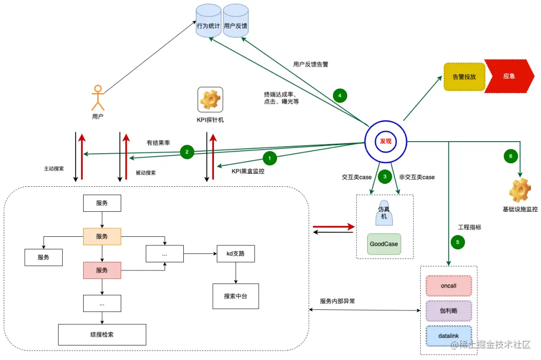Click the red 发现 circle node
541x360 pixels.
[x=385, y=142]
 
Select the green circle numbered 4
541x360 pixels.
[x=340, y=95]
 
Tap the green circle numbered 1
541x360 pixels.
[x=269, y=158]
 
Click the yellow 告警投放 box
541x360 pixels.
[x=464, y=77]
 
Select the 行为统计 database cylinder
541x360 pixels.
[x=208, y=26]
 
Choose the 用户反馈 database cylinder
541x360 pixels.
[x=235, y=26]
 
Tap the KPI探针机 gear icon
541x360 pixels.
[x=210, y=100]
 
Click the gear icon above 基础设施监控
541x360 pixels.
[x=520, y=191]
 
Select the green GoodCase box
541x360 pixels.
[x=384, y=244]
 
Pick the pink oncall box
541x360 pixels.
[x=448, y=286]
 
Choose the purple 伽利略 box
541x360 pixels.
[x=448, y=310]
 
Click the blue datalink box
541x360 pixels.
[x=448, y=335]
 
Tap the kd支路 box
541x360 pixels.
[x=235, y=254]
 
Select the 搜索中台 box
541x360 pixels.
[x=235, y=296]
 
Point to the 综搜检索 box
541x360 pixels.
[x=102, y=334]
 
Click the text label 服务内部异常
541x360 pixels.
[x=338, y=301]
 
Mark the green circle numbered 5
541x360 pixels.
[x=457, y=242]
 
